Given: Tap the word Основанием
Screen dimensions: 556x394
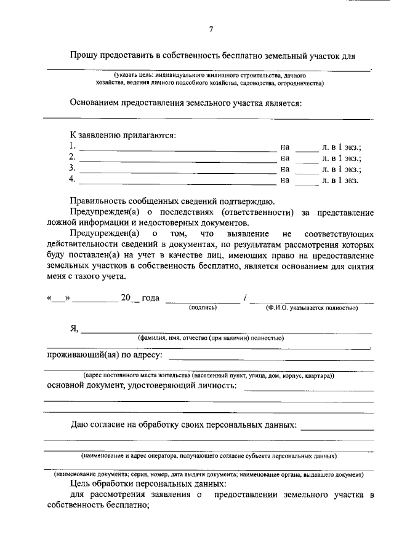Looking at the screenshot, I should tap(96, 103).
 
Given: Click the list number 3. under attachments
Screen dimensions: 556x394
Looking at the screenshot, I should tap(73, 168).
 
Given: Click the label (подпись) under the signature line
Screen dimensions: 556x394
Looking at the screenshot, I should tap(203, 307).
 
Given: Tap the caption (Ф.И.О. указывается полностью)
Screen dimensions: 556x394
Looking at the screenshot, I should tap(312, 307).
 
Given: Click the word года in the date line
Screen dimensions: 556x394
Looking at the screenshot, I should tap(151, 298).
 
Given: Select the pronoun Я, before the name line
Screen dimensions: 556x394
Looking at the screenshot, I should tap(74, 329).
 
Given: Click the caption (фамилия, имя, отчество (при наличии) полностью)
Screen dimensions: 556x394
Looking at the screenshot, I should tap(211, 338).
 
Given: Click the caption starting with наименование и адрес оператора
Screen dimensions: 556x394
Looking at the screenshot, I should tap(209, 456).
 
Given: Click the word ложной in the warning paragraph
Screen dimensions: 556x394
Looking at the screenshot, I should tap(61, 223).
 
